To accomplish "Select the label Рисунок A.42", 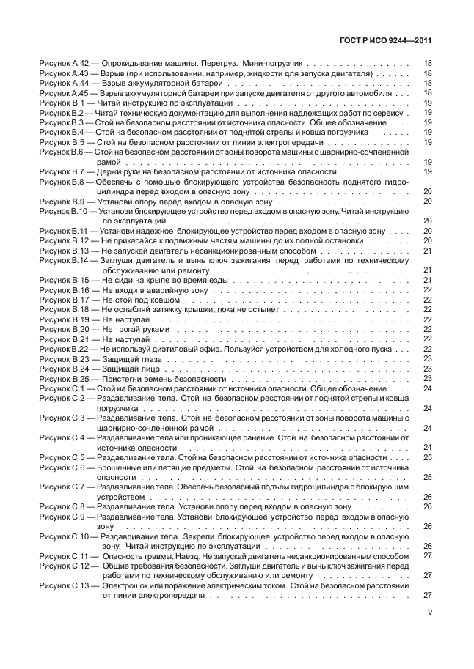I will point(63,64).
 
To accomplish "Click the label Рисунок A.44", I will point(63,84).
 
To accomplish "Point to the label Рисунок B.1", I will point(62,103).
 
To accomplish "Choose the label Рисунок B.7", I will point(62,171).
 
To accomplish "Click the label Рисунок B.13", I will point(64,250).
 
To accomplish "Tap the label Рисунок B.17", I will point(64,299).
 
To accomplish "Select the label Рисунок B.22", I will point(64,349).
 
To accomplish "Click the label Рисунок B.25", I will point(64,378).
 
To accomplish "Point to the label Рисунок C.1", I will point(62,388).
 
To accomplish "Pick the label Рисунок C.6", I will point(62,467).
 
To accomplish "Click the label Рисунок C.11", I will point(65,556).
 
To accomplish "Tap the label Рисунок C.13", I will point(65,585).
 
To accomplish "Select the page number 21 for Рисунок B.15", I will point(427,279).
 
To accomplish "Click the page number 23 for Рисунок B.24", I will point(427,369).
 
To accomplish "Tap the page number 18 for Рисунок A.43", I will point(427,74).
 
